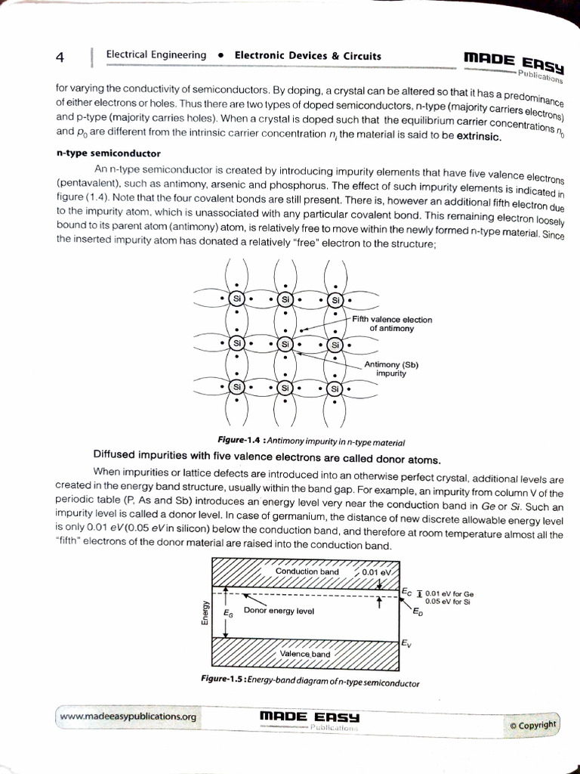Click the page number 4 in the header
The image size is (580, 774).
[x=60, y=57]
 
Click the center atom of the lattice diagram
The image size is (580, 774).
[x=285, y=344]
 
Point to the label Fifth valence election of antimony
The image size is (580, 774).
[x=392, y=324]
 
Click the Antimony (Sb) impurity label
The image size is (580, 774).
[x=391, y=369]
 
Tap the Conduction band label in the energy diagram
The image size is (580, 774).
[x=307, y=571]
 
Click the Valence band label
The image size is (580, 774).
[x=305, y=654]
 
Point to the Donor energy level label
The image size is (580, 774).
[x=279, y=610]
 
